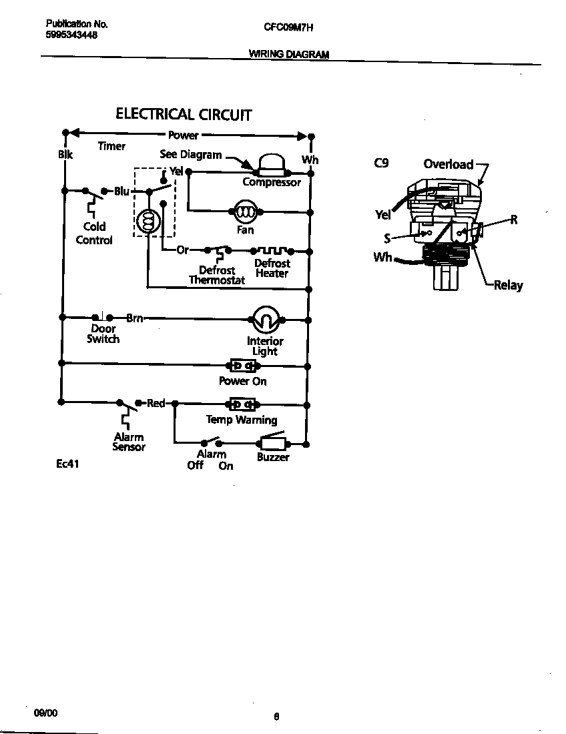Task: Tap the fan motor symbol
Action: click(245, 212)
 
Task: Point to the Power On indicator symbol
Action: click(242, 366)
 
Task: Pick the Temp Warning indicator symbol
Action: click(242, 404)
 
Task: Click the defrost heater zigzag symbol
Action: click(272, 251)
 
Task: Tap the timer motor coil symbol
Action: click(147, 220)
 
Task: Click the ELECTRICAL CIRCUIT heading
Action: click(184, 114)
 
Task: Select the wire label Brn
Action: click(135, 318)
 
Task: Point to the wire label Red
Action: click(156, 403)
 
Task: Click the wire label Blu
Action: click(121, 192)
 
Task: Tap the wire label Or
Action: click(182, 250)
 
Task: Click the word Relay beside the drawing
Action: click(508, 286)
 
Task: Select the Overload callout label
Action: click(448, 164)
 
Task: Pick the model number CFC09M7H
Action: click(288, 27)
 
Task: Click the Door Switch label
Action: click(103, 334)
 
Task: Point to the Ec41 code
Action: click(67, 464)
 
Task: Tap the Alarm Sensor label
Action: click(128, 442)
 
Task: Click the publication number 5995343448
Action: click(71, 35)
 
